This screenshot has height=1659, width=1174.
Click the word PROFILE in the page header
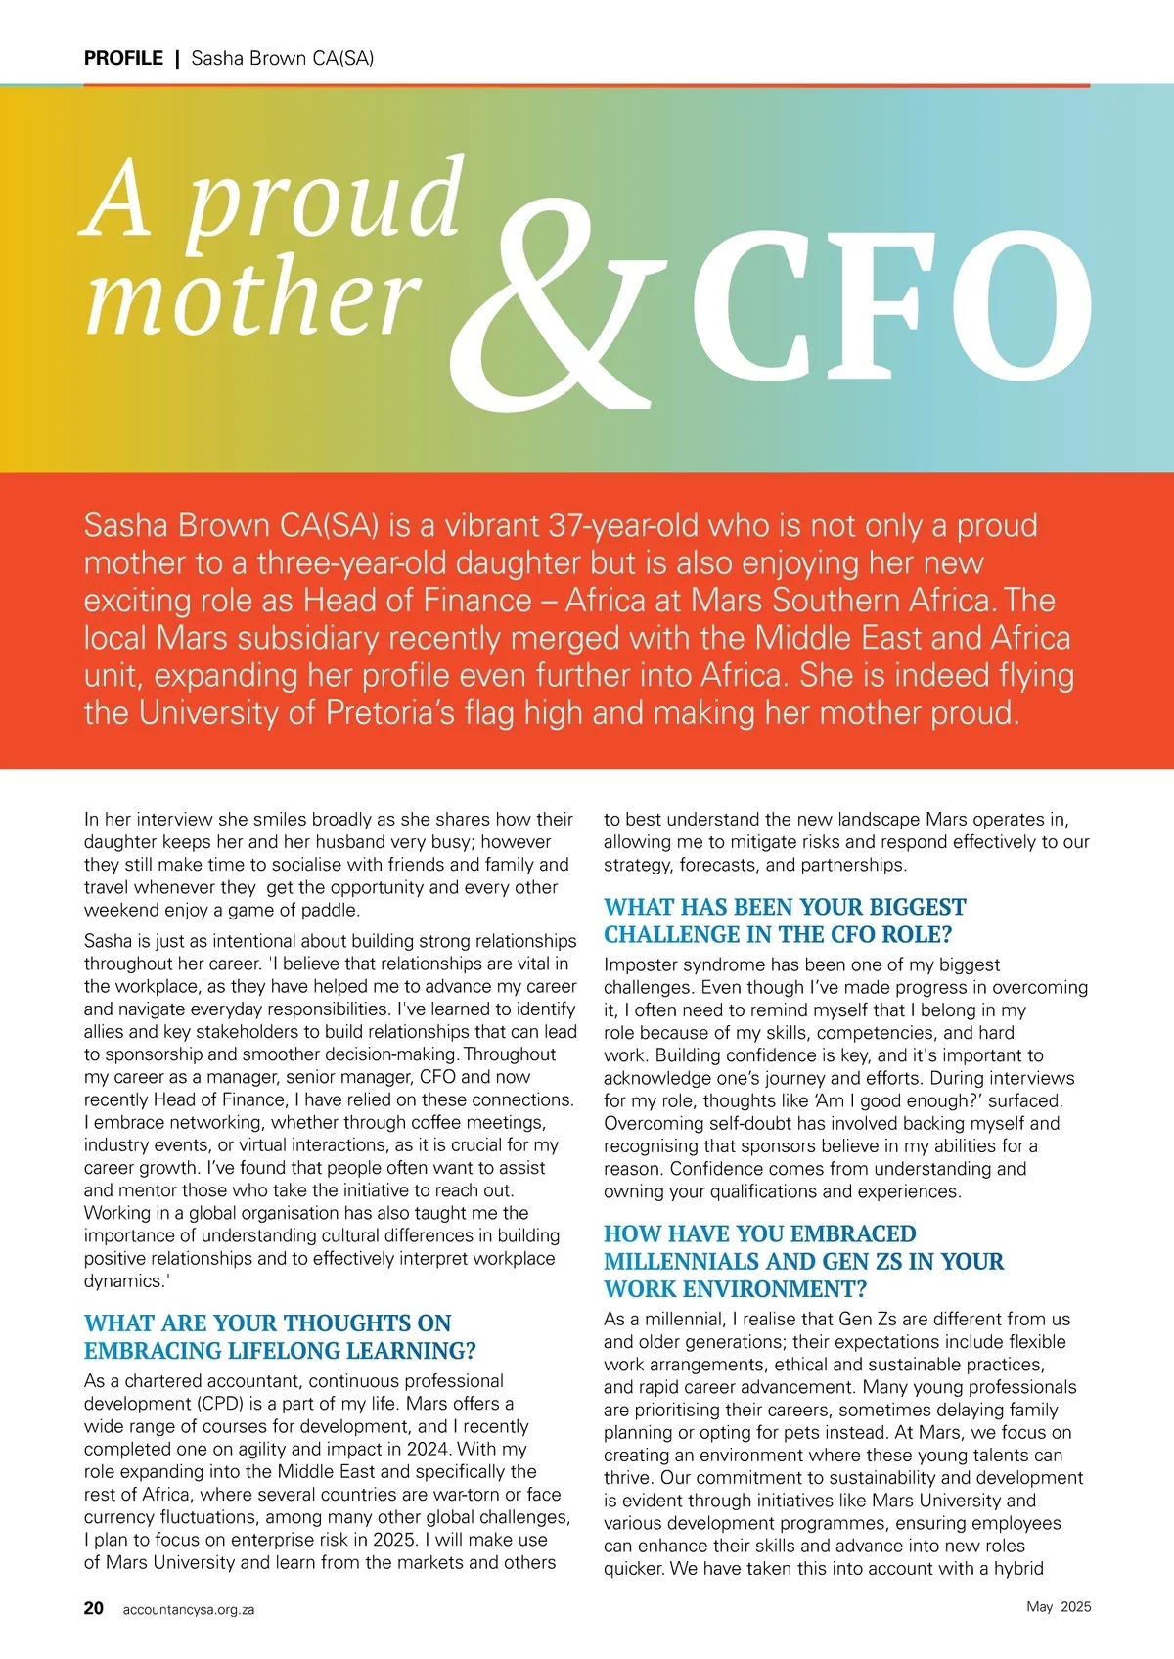123,58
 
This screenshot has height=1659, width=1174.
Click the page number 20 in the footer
94,1608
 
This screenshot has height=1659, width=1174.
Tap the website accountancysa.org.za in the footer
189,1609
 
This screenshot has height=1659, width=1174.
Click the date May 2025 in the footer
1059,1607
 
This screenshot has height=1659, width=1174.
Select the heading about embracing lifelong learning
280,1337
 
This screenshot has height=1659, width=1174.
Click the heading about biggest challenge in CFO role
784,920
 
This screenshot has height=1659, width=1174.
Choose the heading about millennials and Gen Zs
803,1261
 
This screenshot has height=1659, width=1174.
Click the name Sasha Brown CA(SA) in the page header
283,58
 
